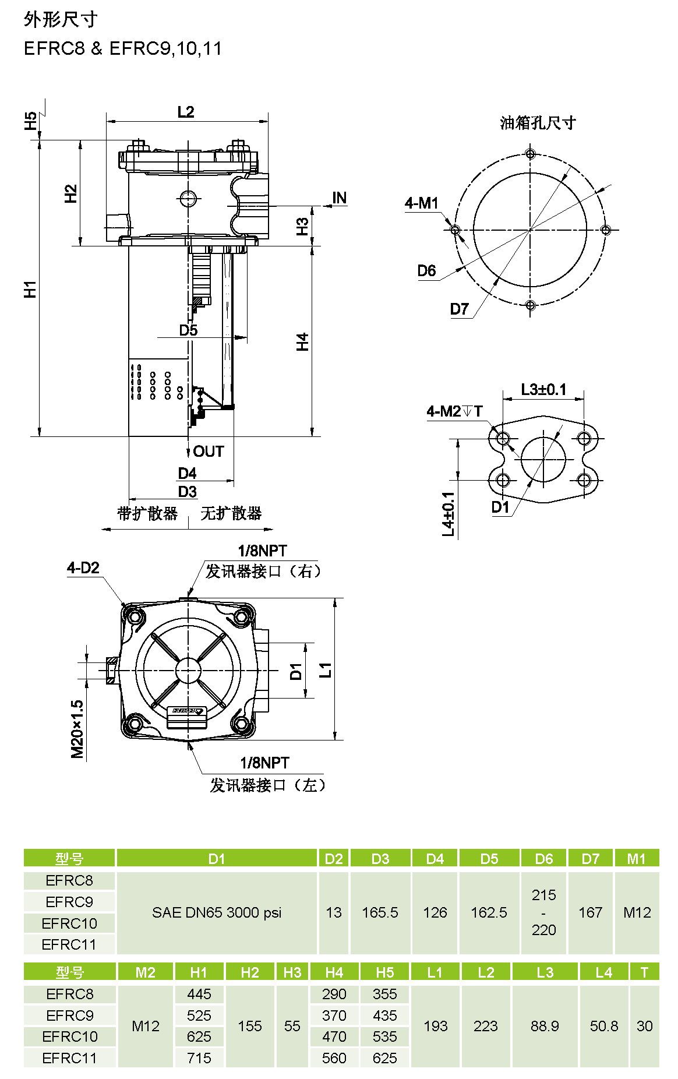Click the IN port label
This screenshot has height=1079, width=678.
[339, 198]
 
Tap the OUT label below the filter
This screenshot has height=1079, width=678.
[209, 452]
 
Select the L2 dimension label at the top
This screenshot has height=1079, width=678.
[186, 112]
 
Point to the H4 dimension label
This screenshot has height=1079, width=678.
[302, 342]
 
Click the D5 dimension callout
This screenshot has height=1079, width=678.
[188, 330]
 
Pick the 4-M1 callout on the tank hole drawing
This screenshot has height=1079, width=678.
[421, 203]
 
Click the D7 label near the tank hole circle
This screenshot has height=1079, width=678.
[460, 309]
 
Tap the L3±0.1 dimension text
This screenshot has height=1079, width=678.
[543, 390]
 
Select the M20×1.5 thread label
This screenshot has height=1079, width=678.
[77, 729]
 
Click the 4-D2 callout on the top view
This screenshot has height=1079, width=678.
[83, 568]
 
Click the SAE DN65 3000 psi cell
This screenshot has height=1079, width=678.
[217, 912]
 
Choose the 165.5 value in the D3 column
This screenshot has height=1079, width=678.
[380, 912]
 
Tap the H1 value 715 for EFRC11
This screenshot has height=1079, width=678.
[199, 1058]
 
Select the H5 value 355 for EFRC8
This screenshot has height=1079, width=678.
[385, 994]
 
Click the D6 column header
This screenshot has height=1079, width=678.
[544, 859]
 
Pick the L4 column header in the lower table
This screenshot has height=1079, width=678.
[604, 972]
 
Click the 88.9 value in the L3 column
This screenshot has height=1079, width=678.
[545, 1026]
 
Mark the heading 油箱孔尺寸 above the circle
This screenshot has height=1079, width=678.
[538, 123]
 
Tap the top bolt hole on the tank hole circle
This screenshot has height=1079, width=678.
[530, 154]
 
